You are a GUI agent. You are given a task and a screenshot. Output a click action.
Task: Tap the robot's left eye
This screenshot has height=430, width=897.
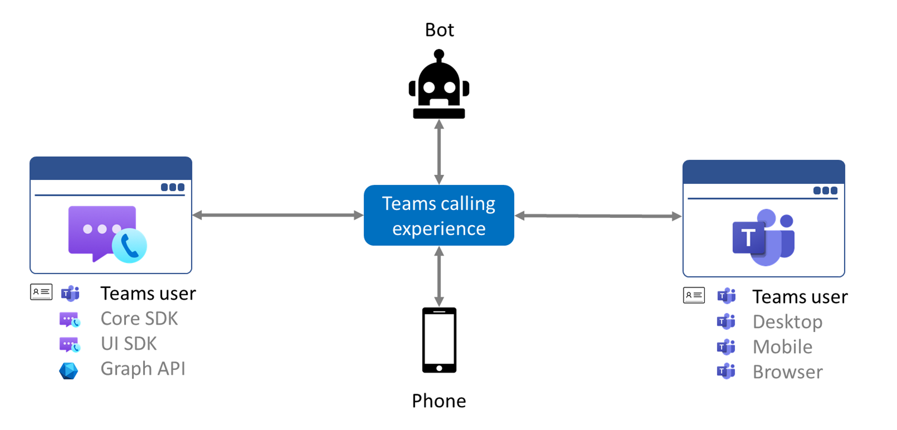coord(429,87)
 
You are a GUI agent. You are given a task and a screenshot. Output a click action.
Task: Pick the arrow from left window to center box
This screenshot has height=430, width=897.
coord(277,215)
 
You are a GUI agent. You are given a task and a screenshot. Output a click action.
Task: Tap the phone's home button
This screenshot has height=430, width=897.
coord(439,368)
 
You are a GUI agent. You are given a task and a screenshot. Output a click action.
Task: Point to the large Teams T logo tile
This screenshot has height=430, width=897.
coord(748,237)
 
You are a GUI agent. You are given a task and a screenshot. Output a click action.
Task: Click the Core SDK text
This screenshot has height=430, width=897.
coord(139,319)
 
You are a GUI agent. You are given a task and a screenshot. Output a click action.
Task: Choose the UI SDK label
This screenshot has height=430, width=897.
coord(129,344)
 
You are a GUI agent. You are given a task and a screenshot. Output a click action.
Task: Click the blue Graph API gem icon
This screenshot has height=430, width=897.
coord(69,371)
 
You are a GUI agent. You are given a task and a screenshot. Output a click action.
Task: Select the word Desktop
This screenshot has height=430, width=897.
coord(787,322)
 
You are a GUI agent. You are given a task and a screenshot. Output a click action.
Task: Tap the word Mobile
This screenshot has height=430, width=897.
coord(782,347)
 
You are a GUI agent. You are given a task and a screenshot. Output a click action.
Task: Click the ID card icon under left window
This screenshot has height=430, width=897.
coord(41,292)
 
